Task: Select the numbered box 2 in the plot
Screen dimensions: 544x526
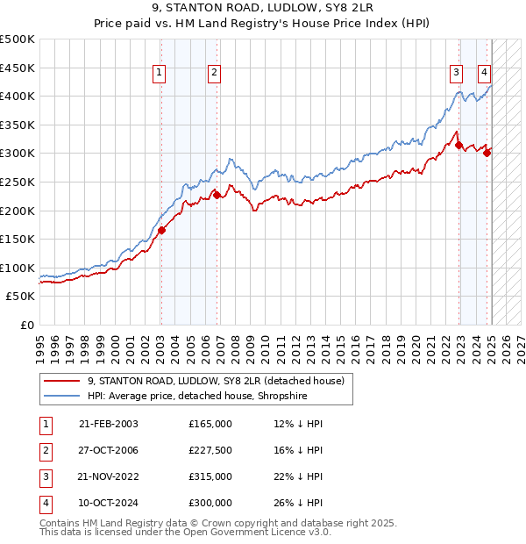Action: pyautogui.click(x=214, y=74)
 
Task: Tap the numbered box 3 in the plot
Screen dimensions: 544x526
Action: pyautogui.click(x=457, y=74)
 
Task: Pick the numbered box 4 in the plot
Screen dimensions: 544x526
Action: pyautogui.click(x=484, y=74)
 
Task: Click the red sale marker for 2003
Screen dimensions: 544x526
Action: pyautogui.click(x=161, y=231)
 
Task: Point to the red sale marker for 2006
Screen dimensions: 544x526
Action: pyautogui.click(x=217, y=196)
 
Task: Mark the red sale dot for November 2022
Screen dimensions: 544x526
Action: pyautogui.click(x=458, y=146)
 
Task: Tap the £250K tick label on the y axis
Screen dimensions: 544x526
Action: pyautogui.click(x=18, y=182)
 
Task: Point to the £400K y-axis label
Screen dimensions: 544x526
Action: pyautogui.click(x=18, y=96)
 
